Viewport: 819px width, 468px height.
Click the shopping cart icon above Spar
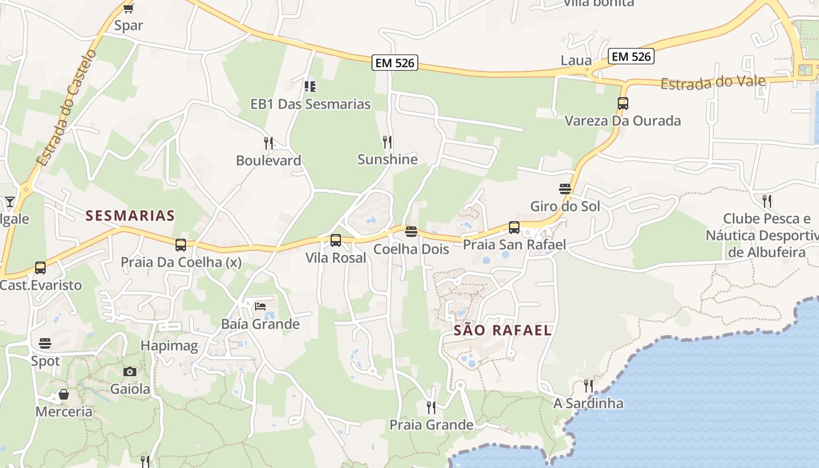pos(128,8)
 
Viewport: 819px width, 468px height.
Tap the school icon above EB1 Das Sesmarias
pos(310,87)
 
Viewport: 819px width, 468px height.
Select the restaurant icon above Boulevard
pos(268,143)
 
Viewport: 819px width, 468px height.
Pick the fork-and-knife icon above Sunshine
pos(387,142)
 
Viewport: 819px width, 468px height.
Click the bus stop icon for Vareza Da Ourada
pos(623,104)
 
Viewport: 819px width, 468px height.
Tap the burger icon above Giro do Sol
pos(565,189)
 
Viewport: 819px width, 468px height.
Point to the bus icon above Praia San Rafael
pos(514,228)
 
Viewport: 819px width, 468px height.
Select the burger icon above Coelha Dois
pos(411,232)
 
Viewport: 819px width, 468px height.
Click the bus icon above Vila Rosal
pos(336,240)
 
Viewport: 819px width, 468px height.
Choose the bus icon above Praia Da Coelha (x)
pos(181,245)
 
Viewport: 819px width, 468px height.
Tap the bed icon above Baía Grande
pos(260,307)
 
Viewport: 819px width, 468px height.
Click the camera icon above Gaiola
pos(130,371)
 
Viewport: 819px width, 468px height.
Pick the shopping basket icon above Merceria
pos(64,395)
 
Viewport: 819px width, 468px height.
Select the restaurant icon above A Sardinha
pos(589,386)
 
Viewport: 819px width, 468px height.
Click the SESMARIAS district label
pos(130,216)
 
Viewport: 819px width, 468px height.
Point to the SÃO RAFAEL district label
pos(503,330)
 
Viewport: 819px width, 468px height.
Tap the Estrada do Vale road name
pos(713,82)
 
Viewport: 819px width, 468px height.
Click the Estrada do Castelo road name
pos(66,108)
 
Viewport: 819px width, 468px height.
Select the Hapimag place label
pos(169,346)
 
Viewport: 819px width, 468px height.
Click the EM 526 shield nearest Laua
pos(631,56)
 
